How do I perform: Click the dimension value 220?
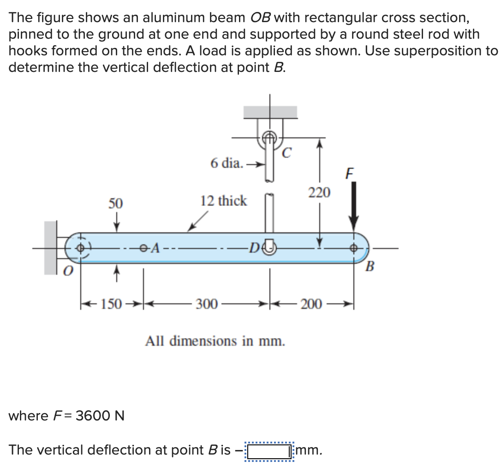point(319,193)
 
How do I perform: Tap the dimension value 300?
point(207,305)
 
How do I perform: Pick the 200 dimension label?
point(312,305)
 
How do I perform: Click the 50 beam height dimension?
point(115,203)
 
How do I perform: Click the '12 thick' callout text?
point(223,201)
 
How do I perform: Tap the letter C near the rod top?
point(286,153)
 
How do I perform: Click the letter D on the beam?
point(253,249)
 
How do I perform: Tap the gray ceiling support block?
point(270,112)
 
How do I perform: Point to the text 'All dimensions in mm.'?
point(215,342)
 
